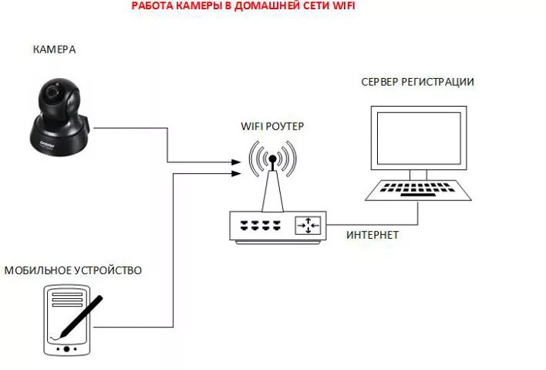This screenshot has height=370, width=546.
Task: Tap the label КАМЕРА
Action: [x=54, y=50]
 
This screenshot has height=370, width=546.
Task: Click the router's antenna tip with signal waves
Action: [x=271, y=161]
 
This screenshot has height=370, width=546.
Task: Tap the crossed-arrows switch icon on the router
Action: [x=309, y=226]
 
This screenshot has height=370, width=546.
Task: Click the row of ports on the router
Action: [x=258, y=226]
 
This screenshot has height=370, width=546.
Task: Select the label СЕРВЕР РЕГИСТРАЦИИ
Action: [x=417, y=83]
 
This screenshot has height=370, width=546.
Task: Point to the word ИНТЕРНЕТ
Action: [x=372, y=235]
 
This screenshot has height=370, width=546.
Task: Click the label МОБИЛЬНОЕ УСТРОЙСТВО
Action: [x=72, y=270]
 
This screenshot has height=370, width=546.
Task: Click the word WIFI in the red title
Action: [x=345, y=6]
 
